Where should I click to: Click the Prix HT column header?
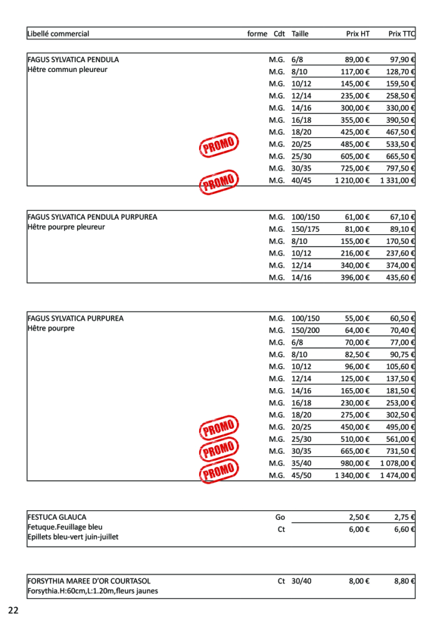357,34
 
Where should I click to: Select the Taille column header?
300,34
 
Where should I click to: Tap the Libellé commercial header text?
58,34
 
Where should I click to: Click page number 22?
13,610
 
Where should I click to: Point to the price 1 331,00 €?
398,181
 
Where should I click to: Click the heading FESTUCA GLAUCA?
57,518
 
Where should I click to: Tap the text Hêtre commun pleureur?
68,69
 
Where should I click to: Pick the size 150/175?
306,229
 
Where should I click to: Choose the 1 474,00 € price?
398,476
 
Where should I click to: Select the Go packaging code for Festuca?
280,518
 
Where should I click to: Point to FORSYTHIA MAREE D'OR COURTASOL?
89,581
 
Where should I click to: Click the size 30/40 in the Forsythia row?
301,581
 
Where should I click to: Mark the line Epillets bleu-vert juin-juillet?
73,537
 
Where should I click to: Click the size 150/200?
306,331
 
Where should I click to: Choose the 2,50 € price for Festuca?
359,518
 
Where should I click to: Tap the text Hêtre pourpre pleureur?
66,227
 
